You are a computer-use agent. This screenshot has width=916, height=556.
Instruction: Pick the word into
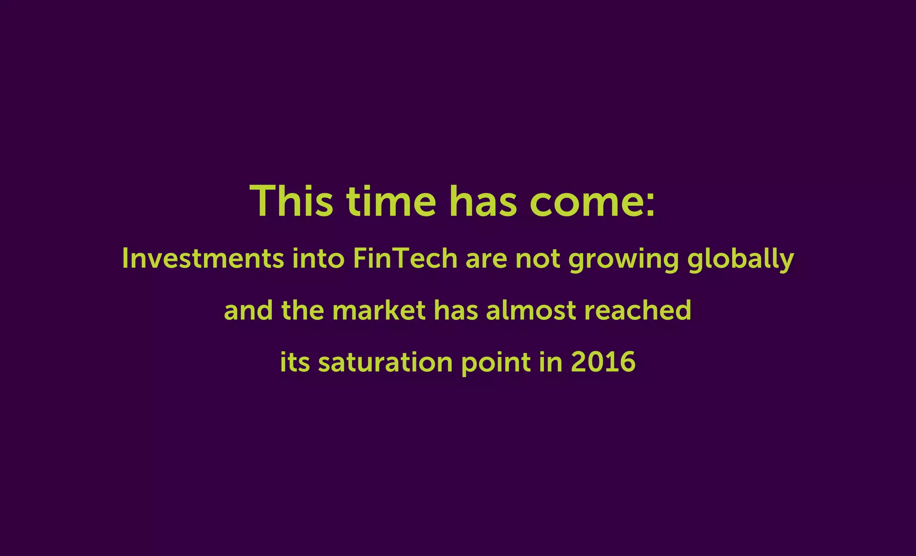(x=318, y=258)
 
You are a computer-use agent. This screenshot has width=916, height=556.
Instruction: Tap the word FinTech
(x=405, y=258)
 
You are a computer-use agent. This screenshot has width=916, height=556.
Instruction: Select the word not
(x=538, y=259)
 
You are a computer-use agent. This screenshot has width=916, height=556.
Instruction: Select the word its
(x=295, y=362)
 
